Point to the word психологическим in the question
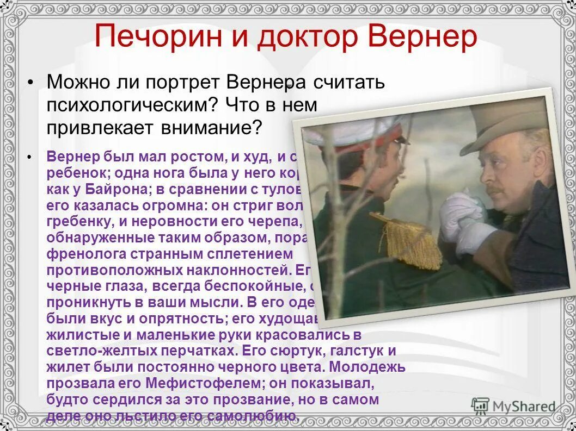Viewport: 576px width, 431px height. pyautogui.click(x=128, y=105)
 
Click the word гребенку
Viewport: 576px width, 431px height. pyautogui.click(x=83, y=222)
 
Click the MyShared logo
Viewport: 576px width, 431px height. pyautogui.click(x=513, y=407)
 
